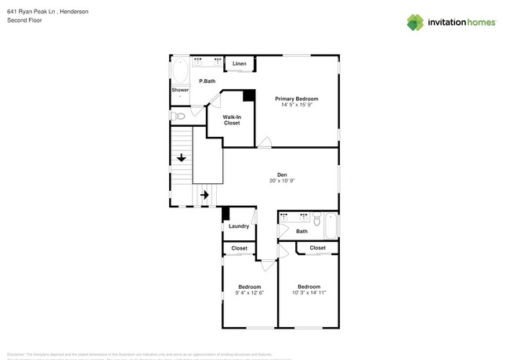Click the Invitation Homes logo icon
415,22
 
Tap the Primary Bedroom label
296,99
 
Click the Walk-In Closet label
232,120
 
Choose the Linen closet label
239,63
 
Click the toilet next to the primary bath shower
179,117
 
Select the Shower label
180,90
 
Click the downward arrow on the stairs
182,158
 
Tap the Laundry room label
239,227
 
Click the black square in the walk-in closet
248,95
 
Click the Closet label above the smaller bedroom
239,248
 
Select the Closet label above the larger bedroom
317,247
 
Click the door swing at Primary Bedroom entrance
266,142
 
